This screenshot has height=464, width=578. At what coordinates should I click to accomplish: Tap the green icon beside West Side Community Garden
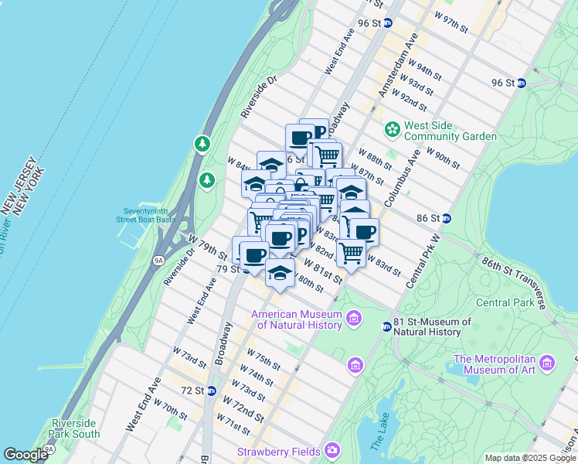click(x=393, y=128)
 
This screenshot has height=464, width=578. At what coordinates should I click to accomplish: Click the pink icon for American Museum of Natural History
click(x=355, y=317)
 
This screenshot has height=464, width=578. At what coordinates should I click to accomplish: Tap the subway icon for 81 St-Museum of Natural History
click(x=386, y=327)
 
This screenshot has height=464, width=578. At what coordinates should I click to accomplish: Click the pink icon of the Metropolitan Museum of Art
click(x=548, y=362)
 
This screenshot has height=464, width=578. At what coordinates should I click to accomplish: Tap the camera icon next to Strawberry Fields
click(x=331, y=449)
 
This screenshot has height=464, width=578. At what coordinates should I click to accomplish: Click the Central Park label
click(x=505, y=302)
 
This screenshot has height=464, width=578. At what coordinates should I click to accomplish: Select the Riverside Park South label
click(x=76, y=428)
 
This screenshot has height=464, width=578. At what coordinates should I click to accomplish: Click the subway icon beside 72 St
click(x=211, y=390)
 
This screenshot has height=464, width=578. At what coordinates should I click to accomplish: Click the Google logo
click(x=26, y=455)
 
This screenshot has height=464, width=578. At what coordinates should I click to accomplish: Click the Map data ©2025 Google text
click(x=529, y=458)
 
